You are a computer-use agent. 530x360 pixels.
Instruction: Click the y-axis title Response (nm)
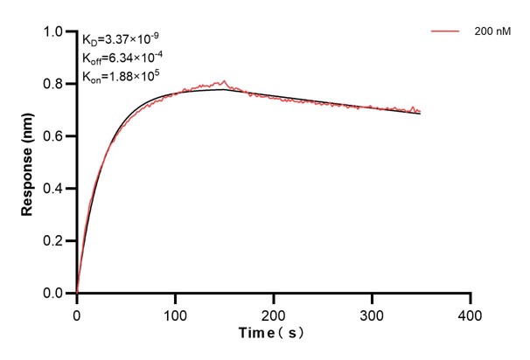pyautogui.click(x=30, y=163)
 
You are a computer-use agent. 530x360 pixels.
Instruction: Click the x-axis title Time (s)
pyautogui.click(x=273, y=333)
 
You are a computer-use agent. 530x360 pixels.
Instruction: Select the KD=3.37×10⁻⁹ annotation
pyautogui.click(x=121, y=38)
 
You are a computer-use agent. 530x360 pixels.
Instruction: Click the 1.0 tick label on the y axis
pyautogui.click(x=53, y=32)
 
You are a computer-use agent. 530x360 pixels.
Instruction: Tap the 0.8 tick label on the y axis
pyautogui.click(x=53, y=85)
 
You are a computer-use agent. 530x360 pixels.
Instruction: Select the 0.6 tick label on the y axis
pyautogui.click(x=53, y=136)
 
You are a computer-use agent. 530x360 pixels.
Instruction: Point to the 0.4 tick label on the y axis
pyautogui.click(x=53, y=189)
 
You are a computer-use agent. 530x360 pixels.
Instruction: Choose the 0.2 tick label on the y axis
pyautogui.click(x=53, y=241)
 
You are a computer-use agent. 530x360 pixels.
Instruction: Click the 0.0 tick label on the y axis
pyautogui.click(x=53, y=294)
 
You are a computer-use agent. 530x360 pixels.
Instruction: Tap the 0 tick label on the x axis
pyautogui.click(x=77, y=312)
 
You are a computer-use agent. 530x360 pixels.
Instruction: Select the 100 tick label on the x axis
pyautogui.click(x=175, y=312)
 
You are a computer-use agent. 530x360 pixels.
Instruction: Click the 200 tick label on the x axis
pyautogui.click(x=274, y=312)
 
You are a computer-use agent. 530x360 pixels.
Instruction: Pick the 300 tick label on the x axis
pyautogui.click(x=372, y=312)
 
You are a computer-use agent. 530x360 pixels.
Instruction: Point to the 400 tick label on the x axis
pyautogui.click(x=471, y=312)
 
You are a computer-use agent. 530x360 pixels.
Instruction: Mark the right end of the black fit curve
pyautogui.click(x=421, y=114)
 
